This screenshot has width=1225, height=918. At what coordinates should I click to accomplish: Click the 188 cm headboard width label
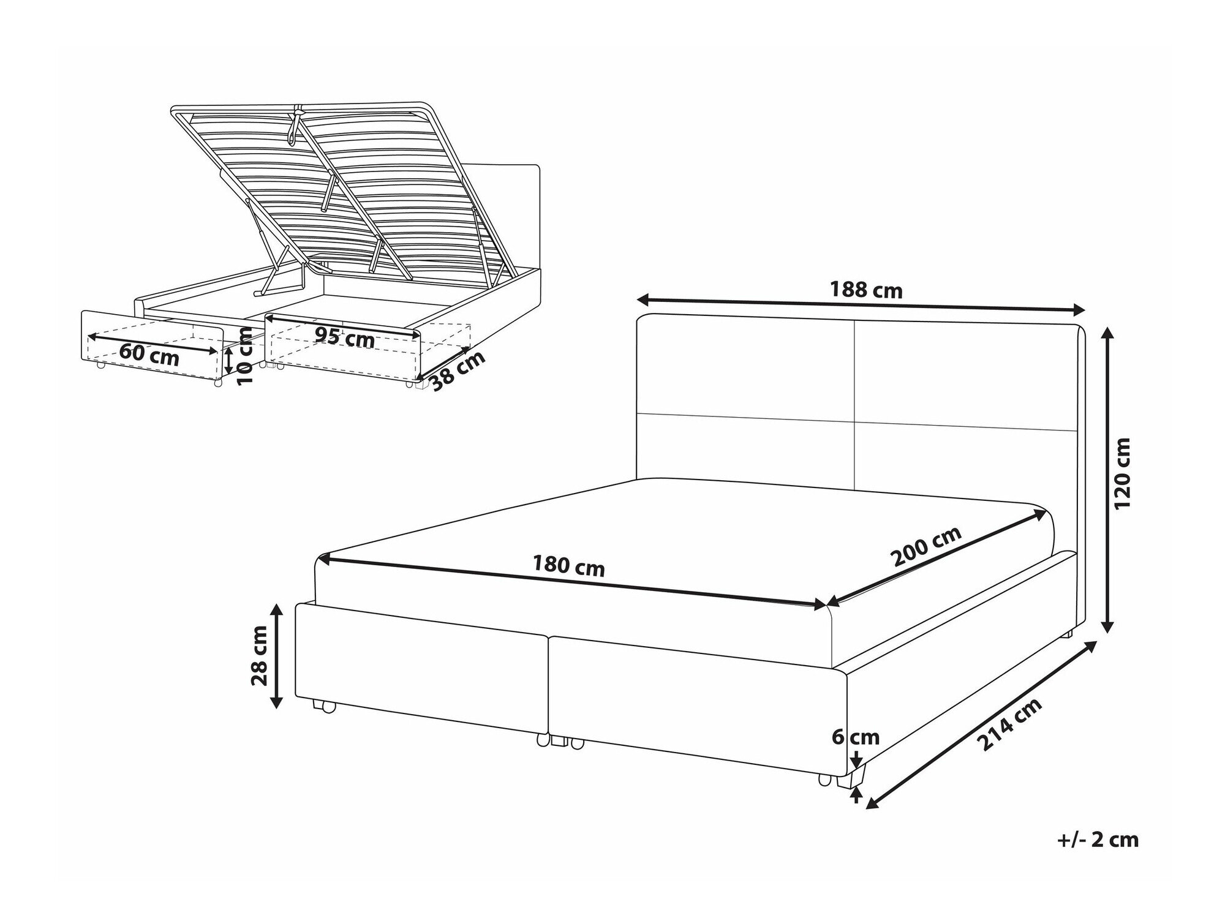(x=865, y=290)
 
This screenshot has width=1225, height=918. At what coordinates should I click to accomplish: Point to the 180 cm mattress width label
(x=568, y=566)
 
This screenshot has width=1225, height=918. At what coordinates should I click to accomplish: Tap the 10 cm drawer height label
(x=245, y=356)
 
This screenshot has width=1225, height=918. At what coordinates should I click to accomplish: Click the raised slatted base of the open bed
(x=343, y=184)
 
